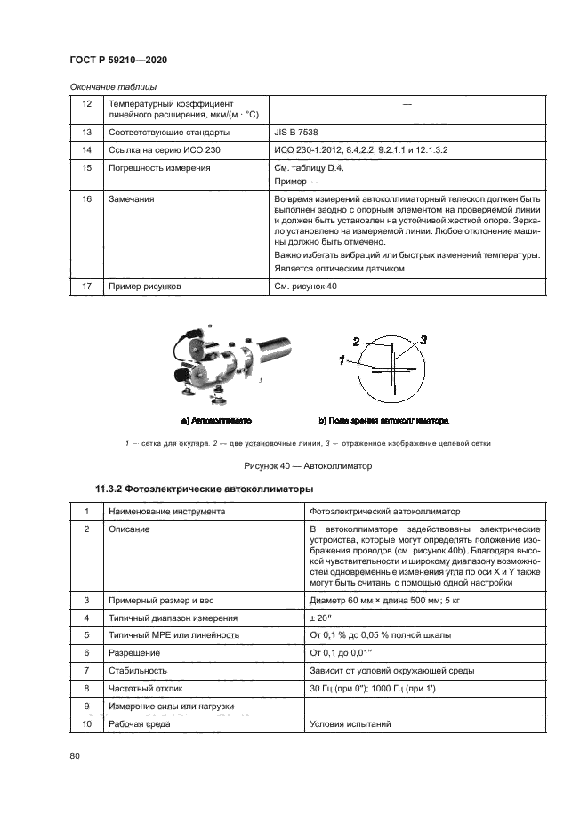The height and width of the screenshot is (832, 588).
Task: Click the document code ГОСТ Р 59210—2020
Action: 118,60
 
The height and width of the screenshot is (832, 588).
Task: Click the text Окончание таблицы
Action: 113,86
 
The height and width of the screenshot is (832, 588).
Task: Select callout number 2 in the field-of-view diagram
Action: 356,341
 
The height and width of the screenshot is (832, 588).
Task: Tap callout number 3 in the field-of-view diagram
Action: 424,340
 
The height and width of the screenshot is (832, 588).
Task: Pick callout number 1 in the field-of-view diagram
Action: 341,359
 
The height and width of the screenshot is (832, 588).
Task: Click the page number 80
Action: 75,757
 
